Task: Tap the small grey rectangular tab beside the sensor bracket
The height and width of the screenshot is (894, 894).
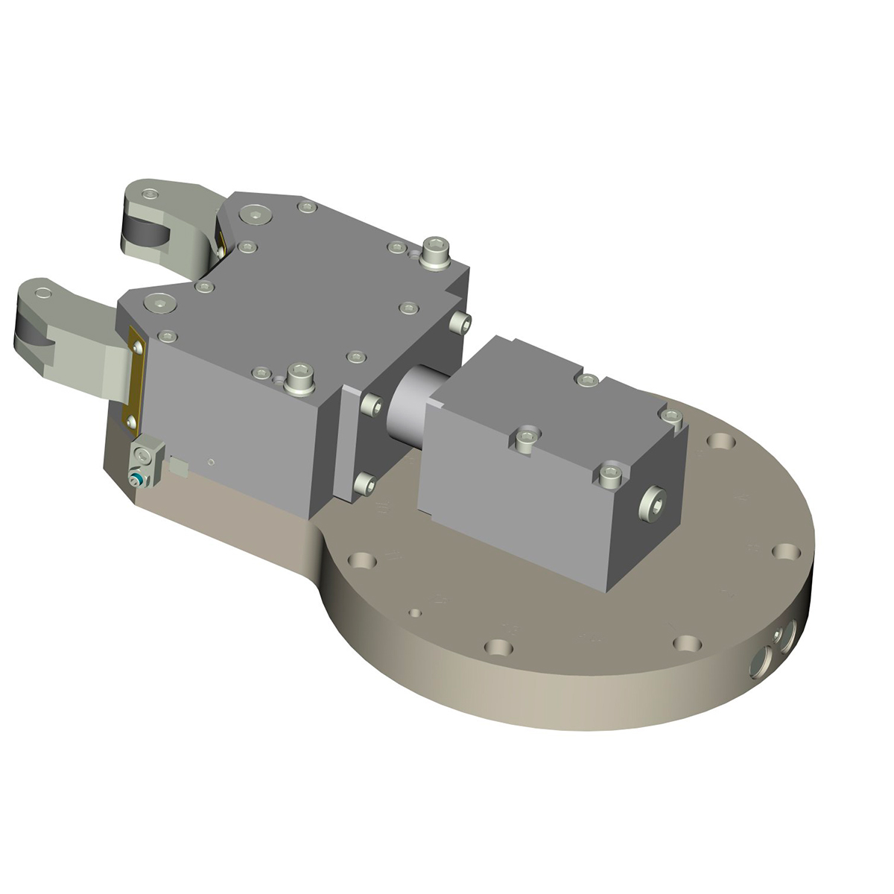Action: click(x=179, y=468)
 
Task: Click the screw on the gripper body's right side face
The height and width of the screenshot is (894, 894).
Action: click(x=460, y=323)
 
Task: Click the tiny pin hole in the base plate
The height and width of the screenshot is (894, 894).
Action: click(x=416, y=612)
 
